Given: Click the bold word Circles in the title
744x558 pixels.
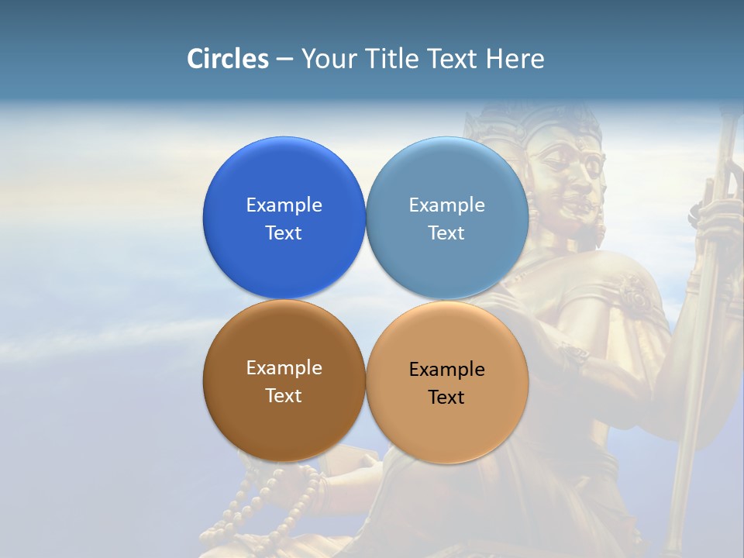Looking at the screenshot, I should point(228,59).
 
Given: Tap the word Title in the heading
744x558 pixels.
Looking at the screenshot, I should point(392,59).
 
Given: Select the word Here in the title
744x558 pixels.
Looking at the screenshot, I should point(515,59).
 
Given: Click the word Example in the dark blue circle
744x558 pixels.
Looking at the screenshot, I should point(284,205).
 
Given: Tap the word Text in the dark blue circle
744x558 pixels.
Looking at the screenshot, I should point(284,233).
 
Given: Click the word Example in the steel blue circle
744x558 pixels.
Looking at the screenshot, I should point(446,205).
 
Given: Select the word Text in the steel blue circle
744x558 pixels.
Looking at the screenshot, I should point(446,233).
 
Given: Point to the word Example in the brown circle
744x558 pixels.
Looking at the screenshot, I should point(284,368).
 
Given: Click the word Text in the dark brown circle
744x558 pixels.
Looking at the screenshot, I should point(284,396).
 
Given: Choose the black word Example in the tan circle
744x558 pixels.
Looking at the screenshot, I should point(446,370).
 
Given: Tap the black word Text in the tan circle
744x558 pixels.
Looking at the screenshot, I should point(446,398).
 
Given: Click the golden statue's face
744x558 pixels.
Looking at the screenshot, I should point(573,178).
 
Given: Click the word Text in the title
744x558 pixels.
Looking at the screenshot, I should point(453,59).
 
